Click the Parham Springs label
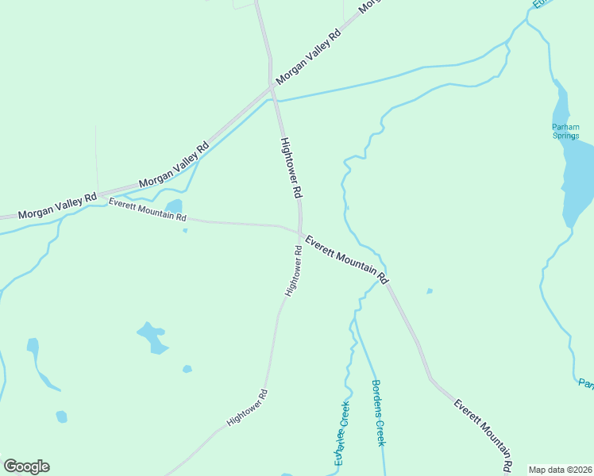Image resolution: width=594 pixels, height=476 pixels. click(x=565, y=131)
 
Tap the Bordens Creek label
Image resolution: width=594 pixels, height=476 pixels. click(x=379, y=413)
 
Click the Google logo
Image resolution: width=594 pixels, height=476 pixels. click(x=26, y=466)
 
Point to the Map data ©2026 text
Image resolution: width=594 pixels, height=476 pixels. click(x=560, y=470)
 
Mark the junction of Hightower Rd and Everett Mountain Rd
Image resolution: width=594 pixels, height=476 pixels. click(x=300, y=232)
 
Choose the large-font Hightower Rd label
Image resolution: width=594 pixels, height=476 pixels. click(x=291, y=167)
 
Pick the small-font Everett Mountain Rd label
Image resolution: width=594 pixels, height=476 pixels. click(x=148, y=210)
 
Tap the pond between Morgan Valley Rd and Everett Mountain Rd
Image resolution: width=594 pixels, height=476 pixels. click(x=174, y=207)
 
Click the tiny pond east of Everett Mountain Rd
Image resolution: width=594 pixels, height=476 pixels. click(x=430, y=291)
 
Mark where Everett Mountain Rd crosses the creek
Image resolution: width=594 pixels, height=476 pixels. click(x=384, y=275)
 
